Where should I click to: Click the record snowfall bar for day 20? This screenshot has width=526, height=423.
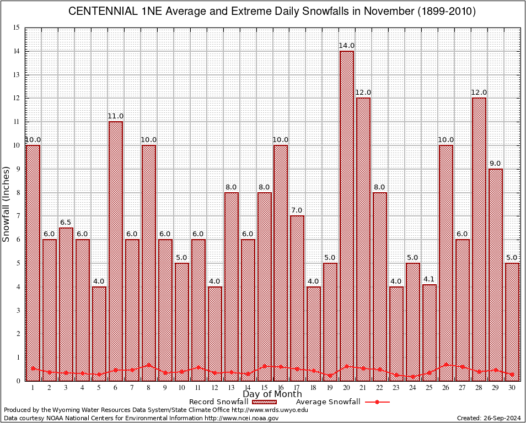tap(347, 215)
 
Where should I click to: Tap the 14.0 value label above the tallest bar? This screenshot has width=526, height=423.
tap(347, 46)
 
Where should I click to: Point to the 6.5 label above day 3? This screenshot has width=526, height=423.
tap(66, 223)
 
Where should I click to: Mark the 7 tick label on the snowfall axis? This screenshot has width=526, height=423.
tap(18, 216)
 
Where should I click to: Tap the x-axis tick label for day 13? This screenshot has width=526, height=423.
tap(231, 388)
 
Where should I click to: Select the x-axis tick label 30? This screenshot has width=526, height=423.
tap(512, 388)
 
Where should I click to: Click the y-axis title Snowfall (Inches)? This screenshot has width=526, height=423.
tap(6, 204)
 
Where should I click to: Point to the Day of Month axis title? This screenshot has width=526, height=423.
tap(272, 394)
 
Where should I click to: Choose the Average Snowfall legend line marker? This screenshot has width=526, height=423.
tap(377, 402)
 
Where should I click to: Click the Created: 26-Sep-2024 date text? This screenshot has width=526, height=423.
tap(489, 418)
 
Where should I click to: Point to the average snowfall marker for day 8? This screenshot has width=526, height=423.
tap(149, 365)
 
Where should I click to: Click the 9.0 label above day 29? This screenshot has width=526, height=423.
tap(496, 164)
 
